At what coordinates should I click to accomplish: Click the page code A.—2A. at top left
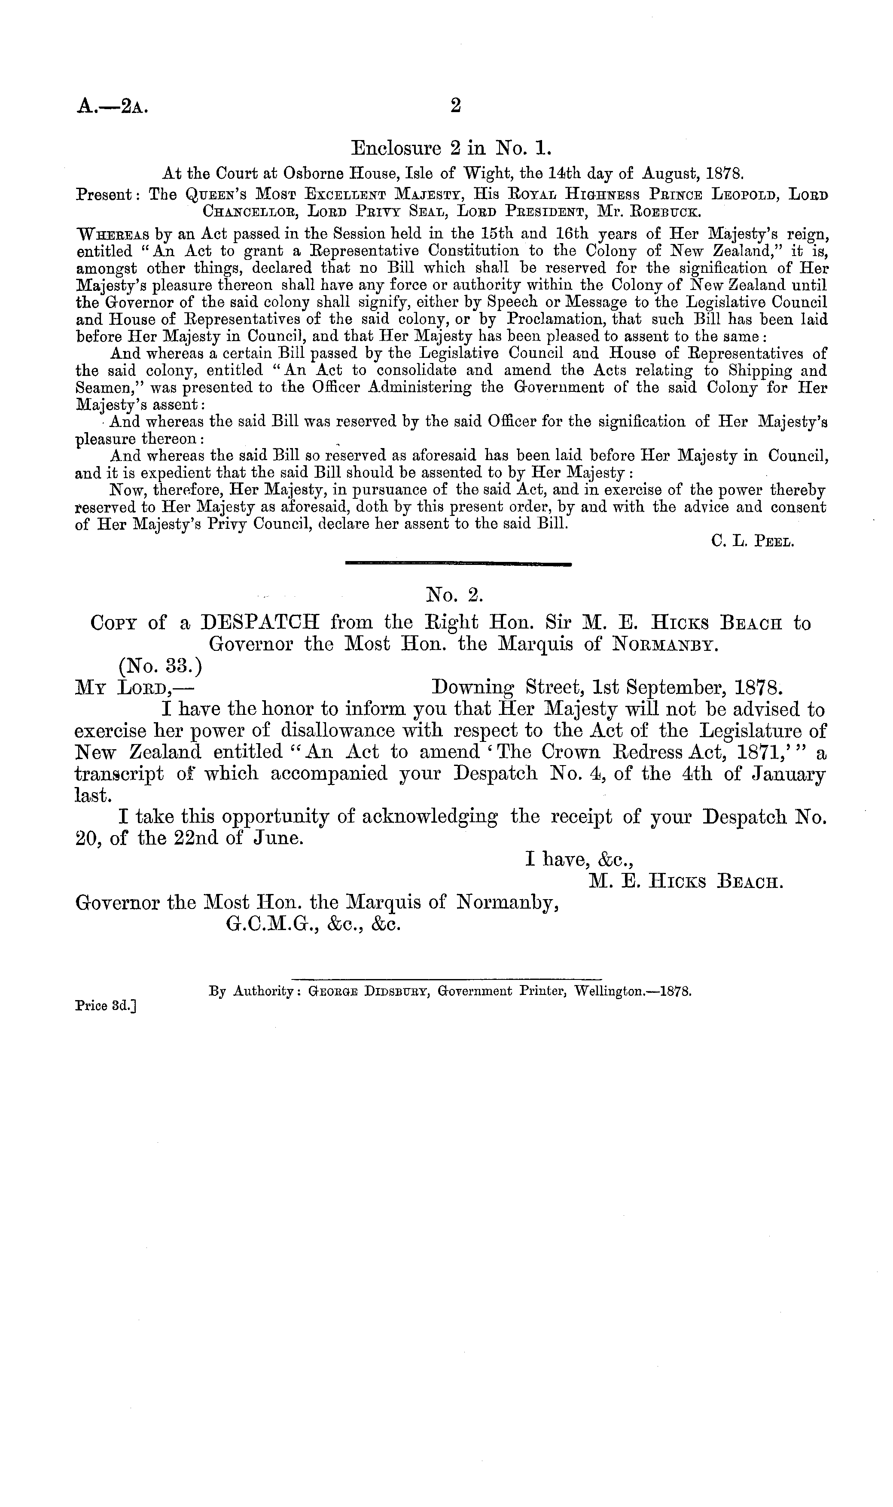tap(112, 107)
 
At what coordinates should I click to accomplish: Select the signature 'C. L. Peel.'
tap(753, 542)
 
